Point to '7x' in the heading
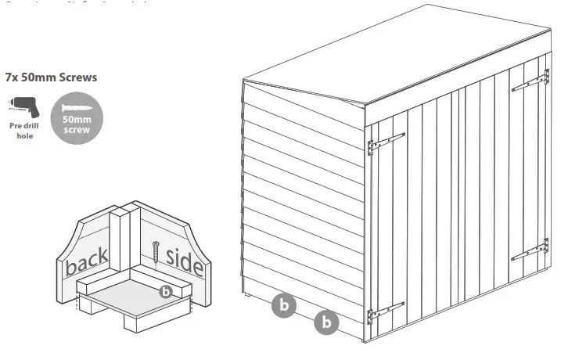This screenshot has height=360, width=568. (13, 78)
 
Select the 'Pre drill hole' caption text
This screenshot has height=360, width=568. (24, 130)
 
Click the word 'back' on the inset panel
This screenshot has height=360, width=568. (86, 264)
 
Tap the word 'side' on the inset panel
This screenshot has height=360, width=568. (185, 261)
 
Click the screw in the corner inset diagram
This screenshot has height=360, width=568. (155, 254)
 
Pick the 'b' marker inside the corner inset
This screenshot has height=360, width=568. (166, 293)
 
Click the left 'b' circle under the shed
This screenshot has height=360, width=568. (285, 305)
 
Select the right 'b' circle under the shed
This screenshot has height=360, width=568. (327, 322)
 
